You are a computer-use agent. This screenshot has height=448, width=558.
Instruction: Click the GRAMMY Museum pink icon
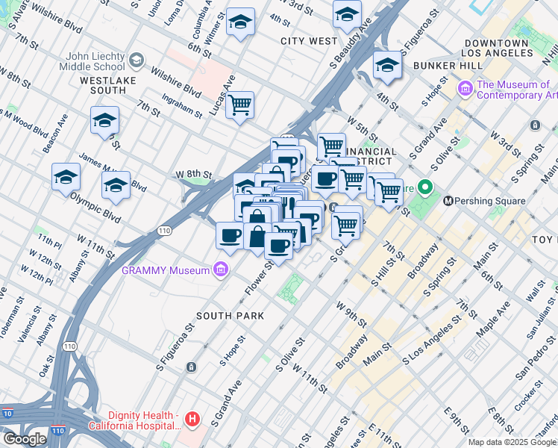(220, 270)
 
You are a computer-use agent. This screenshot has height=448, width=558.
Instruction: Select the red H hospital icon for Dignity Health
(192, 420)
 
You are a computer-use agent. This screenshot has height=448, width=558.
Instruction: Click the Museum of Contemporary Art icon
(465, 90)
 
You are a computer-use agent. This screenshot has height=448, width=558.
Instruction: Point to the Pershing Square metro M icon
(449, 201)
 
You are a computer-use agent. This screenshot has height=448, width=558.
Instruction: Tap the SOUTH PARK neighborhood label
(231, 316)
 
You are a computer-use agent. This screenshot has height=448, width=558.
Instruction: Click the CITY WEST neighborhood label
(309, 41)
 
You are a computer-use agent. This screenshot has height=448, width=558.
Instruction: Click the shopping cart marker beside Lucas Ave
(239, 105)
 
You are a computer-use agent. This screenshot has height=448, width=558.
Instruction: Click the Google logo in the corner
(25, 438)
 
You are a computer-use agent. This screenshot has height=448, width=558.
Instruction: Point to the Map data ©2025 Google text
(512, 442)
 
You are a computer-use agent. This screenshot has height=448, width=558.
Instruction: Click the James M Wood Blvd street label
(101, 170)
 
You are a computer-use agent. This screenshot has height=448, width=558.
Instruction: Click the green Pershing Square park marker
(425, 187)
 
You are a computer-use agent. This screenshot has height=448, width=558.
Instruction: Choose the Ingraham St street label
(183, 105)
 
